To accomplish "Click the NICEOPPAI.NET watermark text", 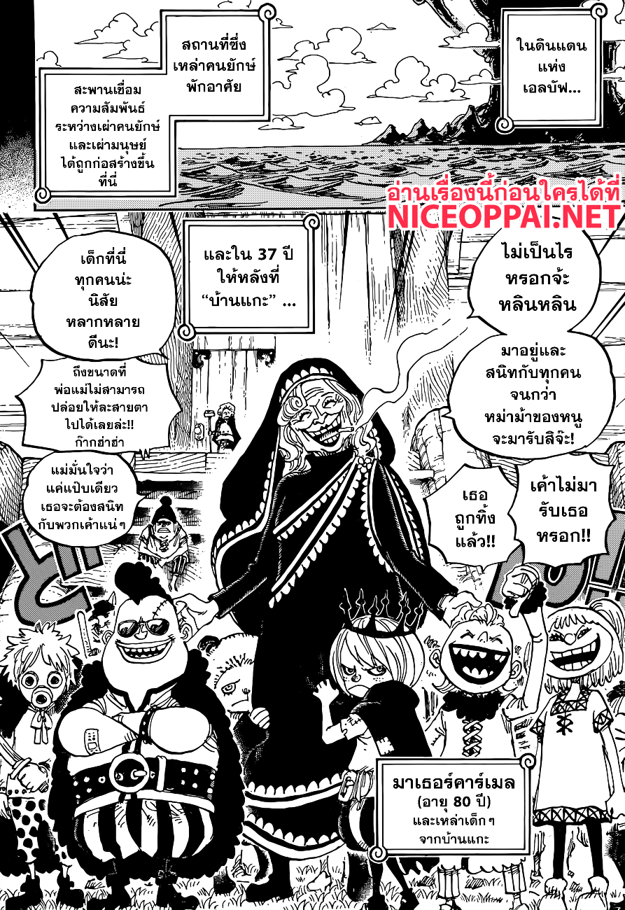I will [504, 216].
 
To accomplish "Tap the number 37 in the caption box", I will [265, 254].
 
